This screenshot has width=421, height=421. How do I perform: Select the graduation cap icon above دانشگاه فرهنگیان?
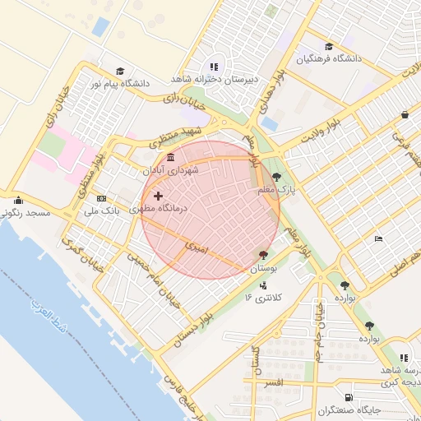click(329, 47)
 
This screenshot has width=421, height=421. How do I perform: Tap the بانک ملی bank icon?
click(101, 198)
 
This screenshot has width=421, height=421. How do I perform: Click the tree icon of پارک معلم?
click(275, 177)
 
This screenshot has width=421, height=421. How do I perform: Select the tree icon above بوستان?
click(263, 256)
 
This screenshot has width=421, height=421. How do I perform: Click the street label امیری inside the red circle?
click(198, 246)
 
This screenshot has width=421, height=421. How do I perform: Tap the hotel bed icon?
click(377, 238)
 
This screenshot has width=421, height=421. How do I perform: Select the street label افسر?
click(274, 383)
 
